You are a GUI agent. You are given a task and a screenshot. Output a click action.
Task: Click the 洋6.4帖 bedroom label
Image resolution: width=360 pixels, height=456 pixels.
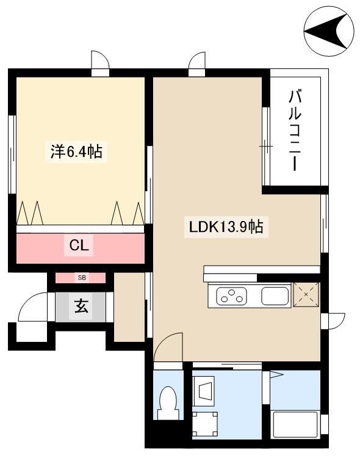[x=76, y=151]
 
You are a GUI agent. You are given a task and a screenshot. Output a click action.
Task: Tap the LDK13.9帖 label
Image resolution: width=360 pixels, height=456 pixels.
[x=226, y=227]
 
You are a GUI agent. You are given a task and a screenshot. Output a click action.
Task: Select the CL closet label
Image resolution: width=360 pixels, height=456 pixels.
[x=79, y=246]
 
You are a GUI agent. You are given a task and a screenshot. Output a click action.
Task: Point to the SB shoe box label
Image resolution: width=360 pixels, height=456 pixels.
[x=82, y=278]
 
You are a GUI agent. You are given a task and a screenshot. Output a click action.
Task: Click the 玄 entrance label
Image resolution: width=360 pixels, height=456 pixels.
[x=81, y=306]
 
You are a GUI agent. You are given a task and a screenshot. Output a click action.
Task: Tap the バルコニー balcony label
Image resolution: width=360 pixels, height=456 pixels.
[x=295, y=130]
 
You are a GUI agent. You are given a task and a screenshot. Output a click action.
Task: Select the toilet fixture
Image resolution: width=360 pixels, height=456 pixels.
[x=168, y=402]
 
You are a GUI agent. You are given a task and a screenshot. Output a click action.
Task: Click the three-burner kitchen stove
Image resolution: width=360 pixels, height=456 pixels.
[x=231, y=296]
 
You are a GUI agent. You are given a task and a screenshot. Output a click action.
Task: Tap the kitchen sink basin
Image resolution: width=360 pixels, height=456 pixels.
[x=275, y=296]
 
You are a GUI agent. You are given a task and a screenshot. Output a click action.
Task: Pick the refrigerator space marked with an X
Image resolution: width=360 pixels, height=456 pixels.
[x=306, y=294]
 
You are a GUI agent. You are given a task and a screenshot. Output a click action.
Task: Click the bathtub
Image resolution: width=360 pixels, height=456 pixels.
[x=295, y=424]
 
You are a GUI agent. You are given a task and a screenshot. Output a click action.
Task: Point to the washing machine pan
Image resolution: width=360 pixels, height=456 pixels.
[x=205, y=424]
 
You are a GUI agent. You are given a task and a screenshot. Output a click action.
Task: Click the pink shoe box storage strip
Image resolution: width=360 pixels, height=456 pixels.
[x=81, y=278]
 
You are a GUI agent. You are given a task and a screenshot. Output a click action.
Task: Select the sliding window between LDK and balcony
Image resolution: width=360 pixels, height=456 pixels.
[x=266, y=147]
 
